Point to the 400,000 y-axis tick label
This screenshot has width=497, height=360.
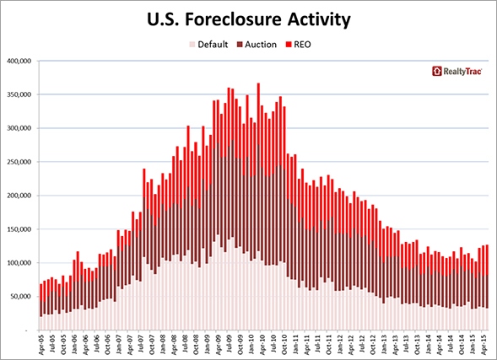[x=19, y=62]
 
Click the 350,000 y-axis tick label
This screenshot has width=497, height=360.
[x=19, y=95]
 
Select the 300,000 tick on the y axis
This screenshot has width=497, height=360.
[x=19, y=129]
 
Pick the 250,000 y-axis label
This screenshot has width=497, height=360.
[x=19, y=163]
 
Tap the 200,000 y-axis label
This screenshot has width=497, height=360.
[x=19, y=196]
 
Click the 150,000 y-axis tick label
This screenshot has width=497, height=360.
[x=19, y=229]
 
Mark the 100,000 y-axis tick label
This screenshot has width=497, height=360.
[x=19, y=263]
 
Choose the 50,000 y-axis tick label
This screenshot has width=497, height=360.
[x=20, y=297]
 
